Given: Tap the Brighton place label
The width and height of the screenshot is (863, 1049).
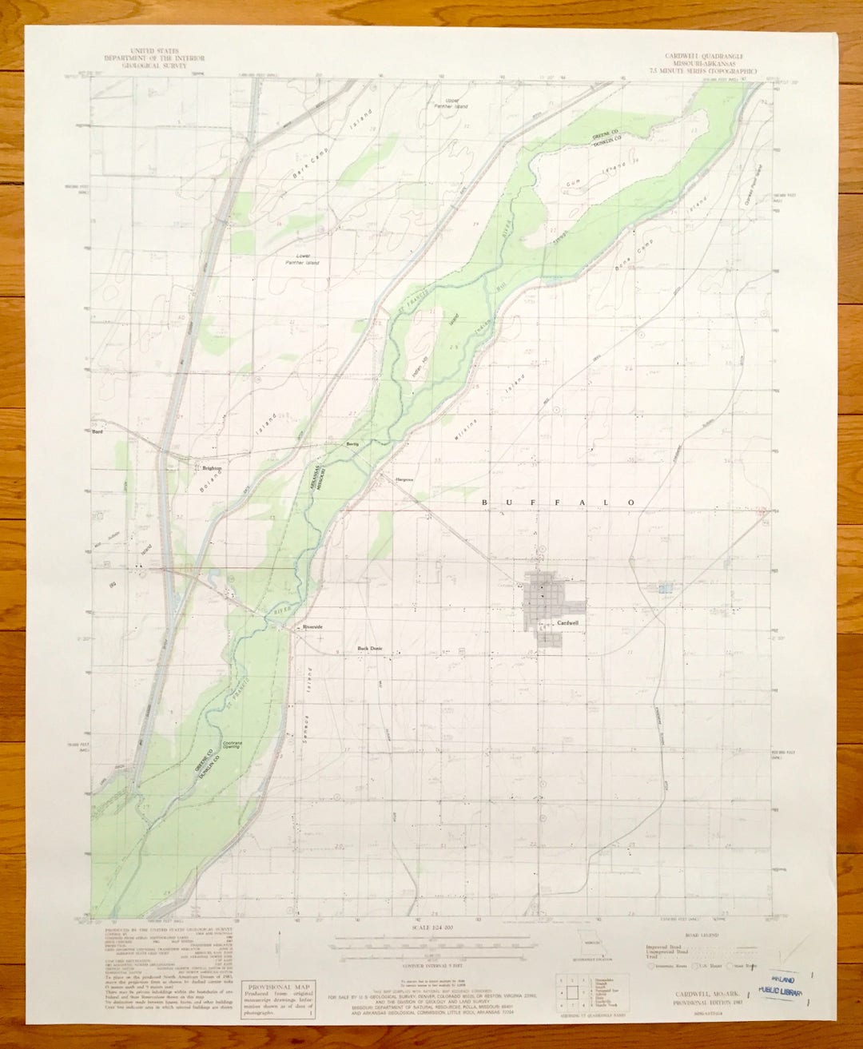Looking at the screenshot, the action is [x=211, y=468].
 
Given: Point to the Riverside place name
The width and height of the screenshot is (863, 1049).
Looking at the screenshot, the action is [x=312, y=627].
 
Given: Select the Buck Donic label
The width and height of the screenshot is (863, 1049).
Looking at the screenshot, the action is [x=370, y=648].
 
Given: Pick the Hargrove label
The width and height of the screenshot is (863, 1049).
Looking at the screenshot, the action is [x=404, y=479].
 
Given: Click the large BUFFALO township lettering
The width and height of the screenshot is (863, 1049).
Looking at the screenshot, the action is [x=559, y=502].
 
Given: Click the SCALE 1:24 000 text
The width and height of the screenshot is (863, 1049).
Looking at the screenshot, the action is [x=430, y=927].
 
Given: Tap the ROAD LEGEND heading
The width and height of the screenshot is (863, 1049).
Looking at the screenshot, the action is [x=702, y=934].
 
